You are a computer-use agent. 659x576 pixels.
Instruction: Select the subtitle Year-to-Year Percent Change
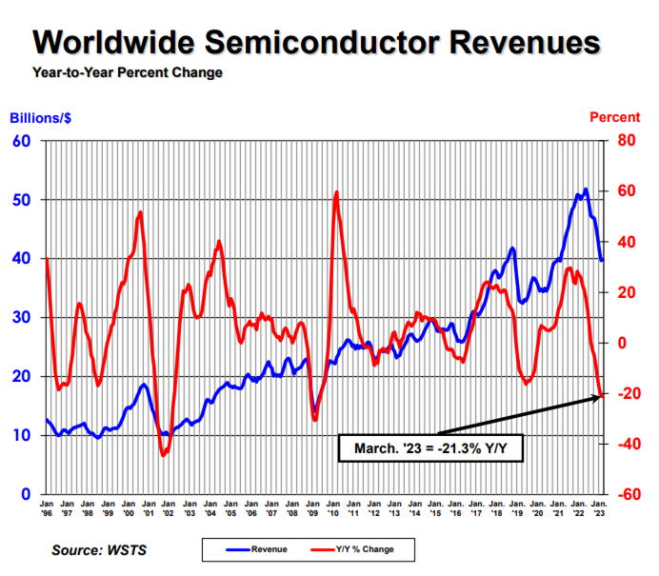[x=128, y=73]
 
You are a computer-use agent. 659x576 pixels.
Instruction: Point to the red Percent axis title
[x=614, y=118]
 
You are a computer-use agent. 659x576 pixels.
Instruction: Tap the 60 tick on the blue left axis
[x=22, y=141]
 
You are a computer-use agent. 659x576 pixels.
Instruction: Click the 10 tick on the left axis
[x=22, y=435]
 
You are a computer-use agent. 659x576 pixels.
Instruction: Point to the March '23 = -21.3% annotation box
[x=430, y=447]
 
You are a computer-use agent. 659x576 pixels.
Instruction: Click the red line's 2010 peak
[x=336, y=193]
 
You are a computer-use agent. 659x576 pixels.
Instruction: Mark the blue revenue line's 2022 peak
[x=585, y=189]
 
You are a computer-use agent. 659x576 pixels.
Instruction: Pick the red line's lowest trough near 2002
[x=163, y=455]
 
